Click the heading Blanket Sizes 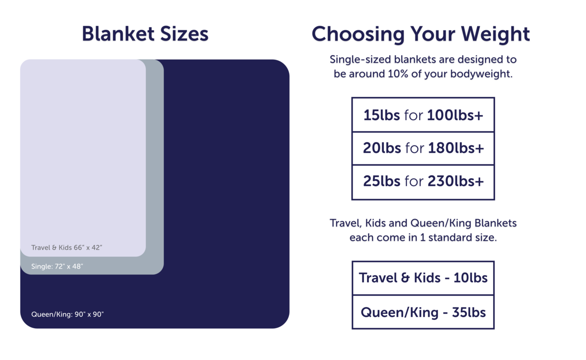pos(145,34)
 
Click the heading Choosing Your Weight pos(421,34)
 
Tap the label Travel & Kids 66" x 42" pos(67,247)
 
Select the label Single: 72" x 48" pos(57,267)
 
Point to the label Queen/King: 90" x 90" pos(68,314)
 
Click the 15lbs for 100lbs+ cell pos(423,115)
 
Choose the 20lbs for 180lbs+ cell pos(423,148)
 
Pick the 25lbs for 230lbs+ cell pos(423,182)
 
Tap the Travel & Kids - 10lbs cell pos(423,278)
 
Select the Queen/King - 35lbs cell pos(423,312)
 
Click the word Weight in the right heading pos(495,34)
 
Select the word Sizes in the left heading pos(181,34)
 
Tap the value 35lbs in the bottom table pos(469,312)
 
